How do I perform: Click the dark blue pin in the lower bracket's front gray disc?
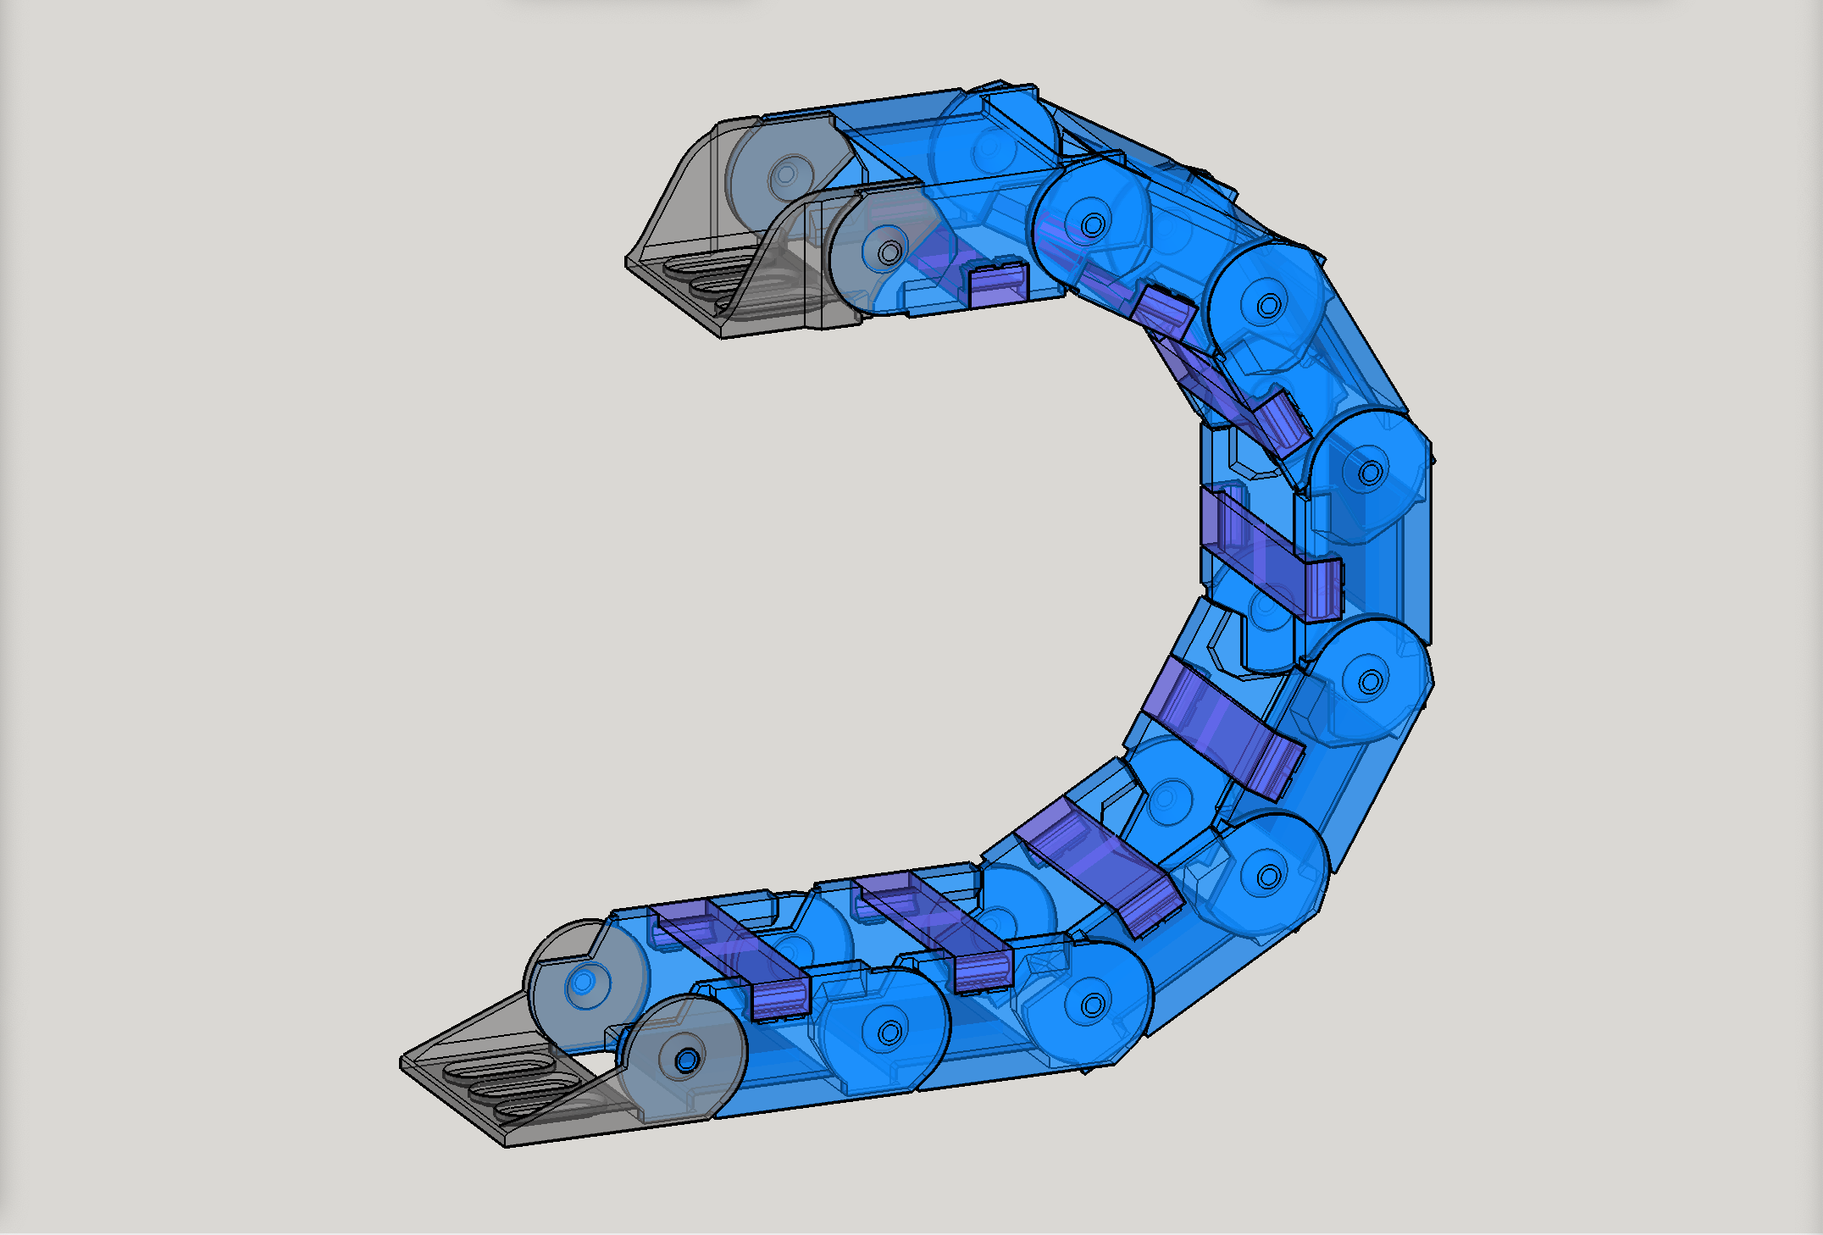click(686, 1060)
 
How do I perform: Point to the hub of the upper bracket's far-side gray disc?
click(786, 174)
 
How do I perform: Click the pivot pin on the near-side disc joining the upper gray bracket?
click(889, 252)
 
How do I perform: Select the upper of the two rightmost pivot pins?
click(1371, 473)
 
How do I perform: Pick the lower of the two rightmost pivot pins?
click(1371, 681)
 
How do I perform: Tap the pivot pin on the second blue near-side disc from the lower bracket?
click(1093, 1005)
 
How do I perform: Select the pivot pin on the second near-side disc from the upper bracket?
click(1093, 225)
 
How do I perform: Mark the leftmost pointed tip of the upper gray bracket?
click(627, 263)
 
